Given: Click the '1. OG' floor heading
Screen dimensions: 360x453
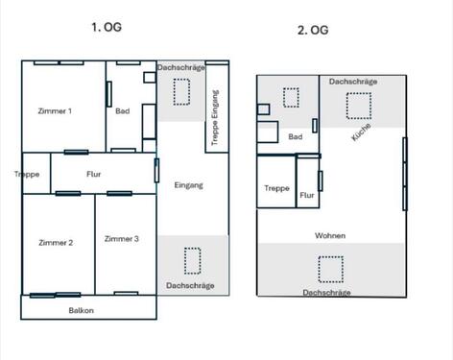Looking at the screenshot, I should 107,28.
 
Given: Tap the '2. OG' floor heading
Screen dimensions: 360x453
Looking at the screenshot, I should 312,31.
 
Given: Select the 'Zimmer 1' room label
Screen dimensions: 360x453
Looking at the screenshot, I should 55,111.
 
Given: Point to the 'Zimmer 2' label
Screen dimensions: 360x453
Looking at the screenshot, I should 56,243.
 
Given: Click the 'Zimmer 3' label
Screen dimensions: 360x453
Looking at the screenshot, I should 122,239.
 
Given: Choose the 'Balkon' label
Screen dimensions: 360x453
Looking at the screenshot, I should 81,310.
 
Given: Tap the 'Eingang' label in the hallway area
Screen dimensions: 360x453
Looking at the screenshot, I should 188,184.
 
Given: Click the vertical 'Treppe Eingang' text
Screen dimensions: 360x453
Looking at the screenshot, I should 216,118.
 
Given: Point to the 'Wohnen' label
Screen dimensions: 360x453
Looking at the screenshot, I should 330,235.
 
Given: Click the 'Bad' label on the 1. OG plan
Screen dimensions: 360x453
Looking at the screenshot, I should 122,111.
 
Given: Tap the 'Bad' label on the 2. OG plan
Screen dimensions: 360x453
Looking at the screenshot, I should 296,137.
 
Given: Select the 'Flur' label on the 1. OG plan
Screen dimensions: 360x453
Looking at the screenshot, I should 94,175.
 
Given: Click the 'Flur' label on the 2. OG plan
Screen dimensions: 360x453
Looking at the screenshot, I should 307,196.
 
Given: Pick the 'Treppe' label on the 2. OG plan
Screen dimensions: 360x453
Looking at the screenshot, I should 276,189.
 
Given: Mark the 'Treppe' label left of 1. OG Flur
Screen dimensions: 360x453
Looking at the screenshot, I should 27,175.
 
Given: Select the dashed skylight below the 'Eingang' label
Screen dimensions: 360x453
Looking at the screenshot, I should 192,261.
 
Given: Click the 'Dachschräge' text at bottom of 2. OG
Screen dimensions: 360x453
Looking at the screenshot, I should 326,292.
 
